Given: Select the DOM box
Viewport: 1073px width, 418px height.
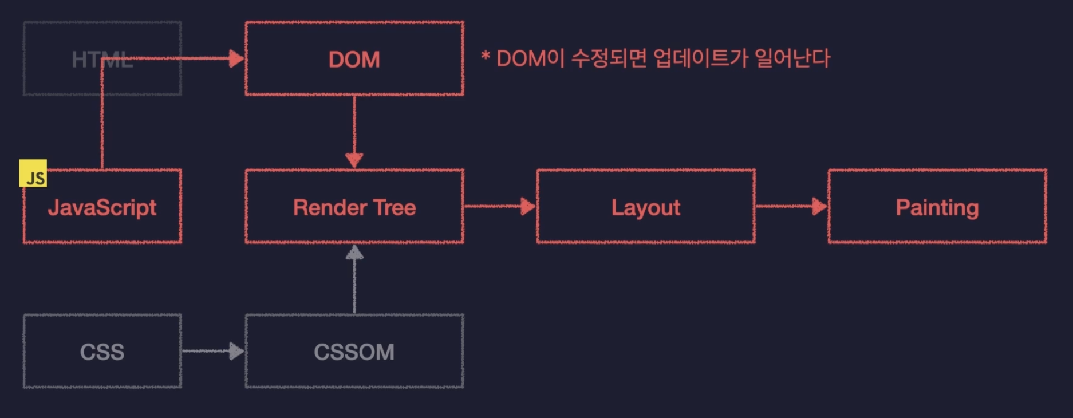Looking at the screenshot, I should pos(354,59).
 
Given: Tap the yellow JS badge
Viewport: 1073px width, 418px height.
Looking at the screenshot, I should pos(33,173).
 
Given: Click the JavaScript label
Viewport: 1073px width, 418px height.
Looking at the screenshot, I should pos(102,207).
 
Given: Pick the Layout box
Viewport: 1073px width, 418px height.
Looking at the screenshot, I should pos(646,207).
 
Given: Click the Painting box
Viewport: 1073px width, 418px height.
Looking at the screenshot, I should pos(937,207).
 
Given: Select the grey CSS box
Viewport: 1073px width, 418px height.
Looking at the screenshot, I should pos(102,352).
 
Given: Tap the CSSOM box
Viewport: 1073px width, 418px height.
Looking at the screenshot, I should pos(354,352).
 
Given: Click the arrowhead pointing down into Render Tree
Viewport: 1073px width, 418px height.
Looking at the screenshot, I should pos(354,160).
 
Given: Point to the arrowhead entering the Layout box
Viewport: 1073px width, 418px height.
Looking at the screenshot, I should pos(528,206).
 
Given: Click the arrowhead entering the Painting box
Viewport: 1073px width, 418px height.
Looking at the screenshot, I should pos(819,206).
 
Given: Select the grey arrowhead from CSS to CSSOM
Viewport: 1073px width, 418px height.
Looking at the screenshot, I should pos(236,351).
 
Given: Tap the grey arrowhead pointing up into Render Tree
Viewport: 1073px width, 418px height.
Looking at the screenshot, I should pos(354,253).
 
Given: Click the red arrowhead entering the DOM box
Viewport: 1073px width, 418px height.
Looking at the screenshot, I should pos(236,58).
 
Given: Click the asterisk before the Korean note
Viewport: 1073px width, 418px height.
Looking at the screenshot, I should pos(486,57).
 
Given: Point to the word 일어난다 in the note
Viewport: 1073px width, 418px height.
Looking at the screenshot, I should pos(792,58).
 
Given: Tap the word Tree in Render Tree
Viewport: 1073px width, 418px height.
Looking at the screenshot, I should pos(394,207).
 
